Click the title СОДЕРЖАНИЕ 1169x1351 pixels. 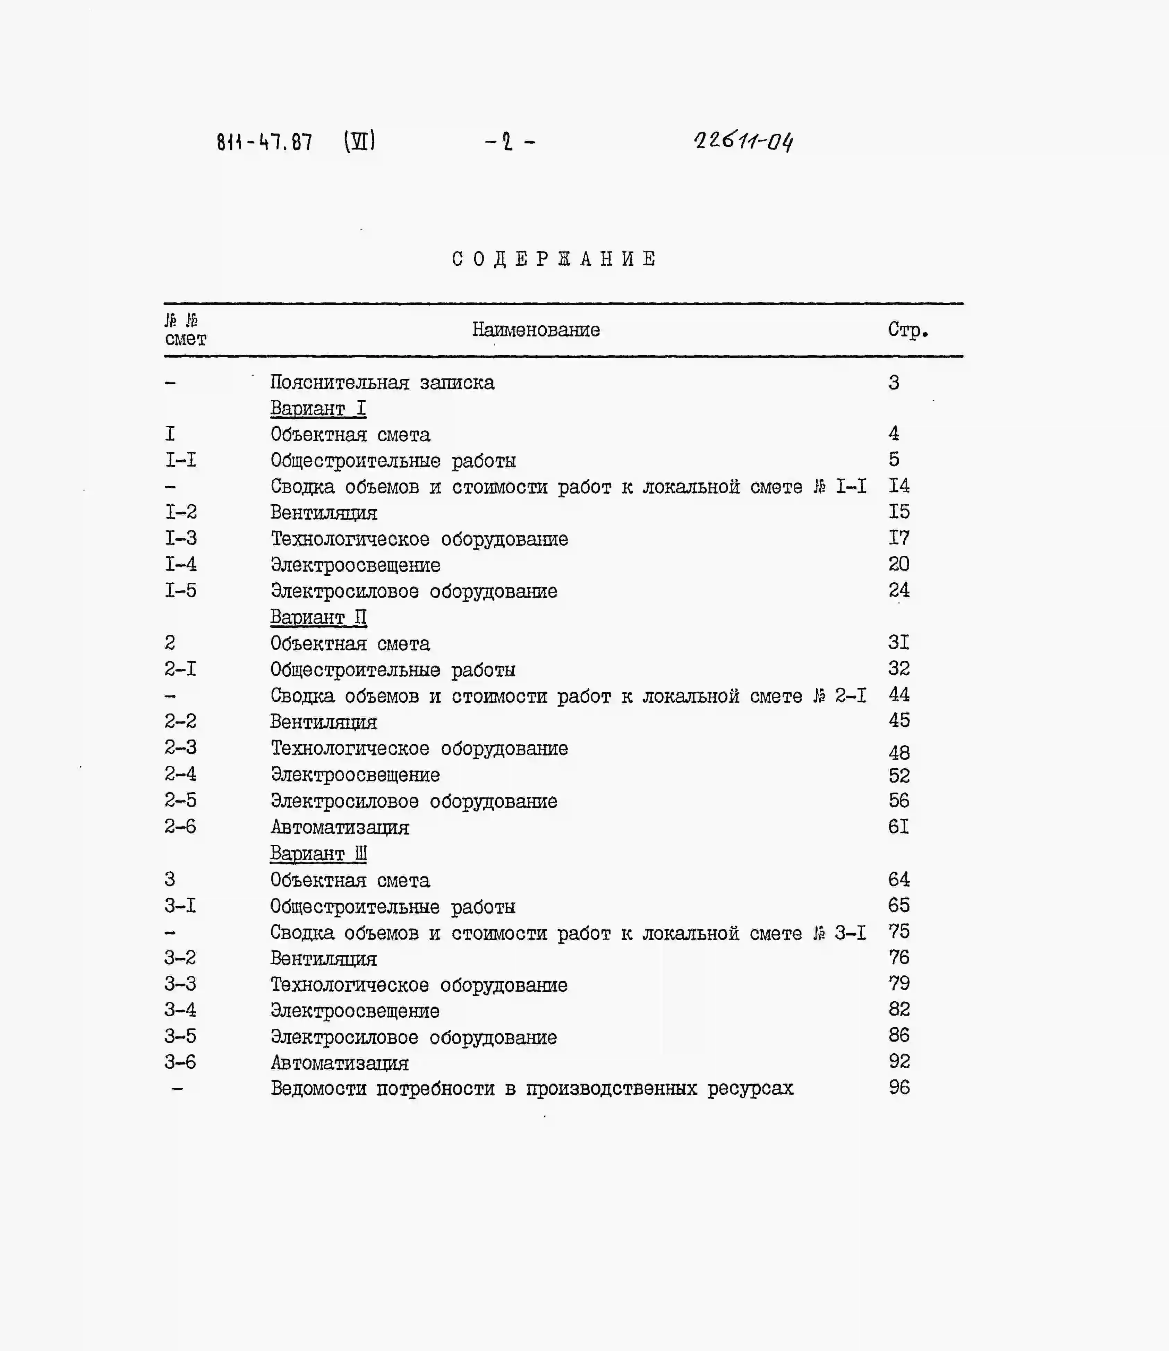point(554,259)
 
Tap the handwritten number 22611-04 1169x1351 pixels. point(744,140)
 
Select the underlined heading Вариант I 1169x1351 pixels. point(318,408)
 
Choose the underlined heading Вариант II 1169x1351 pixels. point(318,617)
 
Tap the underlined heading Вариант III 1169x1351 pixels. point(318,853)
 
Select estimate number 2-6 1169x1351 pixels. point(180,827)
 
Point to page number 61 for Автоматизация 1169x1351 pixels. point(898,827)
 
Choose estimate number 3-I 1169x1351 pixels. point(180,905)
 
